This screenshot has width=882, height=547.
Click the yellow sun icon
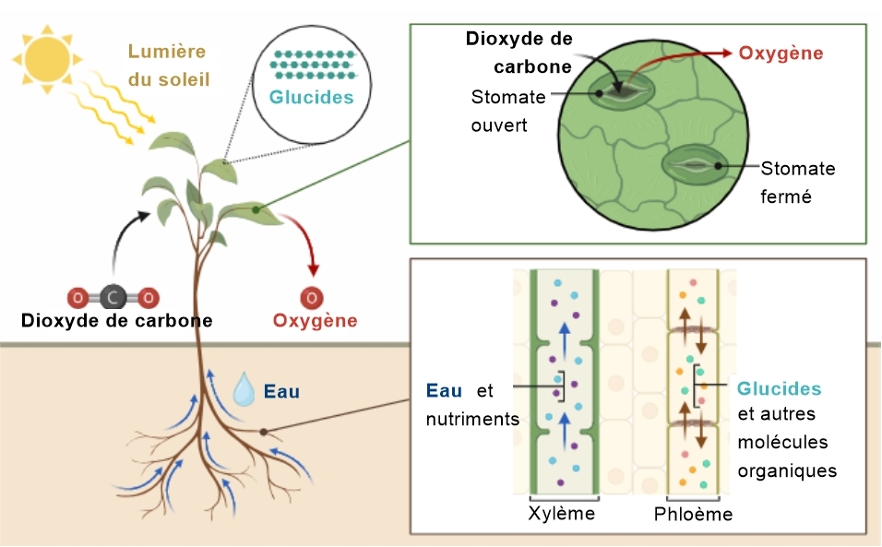[x=47, y=58]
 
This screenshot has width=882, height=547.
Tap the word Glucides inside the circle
[x=311, y=97]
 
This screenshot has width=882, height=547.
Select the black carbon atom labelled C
[x=113, y=297]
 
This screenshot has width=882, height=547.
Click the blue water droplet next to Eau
[x=244, y=389]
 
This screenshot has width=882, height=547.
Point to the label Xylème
[x=561, y=513]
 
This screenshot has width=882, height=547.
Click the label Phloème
[x=693, y=514]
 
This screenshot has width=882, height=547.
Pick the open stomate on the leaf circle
[x=622, y=90]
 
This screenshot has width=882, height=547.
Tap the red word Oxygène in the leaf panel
[x=781, y=54]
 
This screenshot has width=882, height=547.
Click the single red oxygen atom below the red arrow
[x=312, y=298]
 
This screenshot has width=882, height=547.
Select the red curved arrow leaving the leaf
[x=304, y=236]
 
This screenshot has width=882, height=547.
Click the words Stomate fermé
[x=798, y=182]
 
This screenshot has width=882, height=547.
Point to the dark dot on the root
[x=263, y=432]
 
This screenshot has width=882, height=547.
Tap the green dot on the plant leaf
[x=256, y=209]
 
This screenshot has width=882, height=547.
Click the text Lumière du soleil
[x=169, y=65]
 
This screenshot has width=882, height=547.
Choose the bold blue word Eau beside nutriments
[x=444, y=390]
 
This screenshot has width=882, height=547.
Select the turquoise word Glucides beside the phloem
[x=779, y=388]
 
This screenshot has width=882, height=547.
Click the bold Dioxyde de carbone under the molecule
[x=117, y=320]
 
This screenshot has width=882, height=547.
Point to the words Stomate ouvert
[x=508, y=111]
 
